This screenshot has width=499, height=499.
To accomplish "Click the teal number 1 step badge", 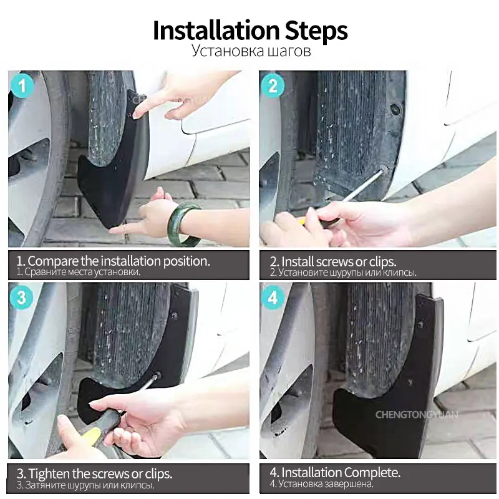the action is [x=22, y=85].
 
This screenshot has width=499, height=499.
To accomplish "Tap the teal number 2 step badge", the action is [x=273, y=85].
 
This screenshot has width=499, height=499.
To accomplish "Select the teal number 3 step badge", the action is [x=21, y=298].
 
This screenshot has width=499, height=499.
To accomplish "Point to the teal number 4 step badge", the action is [x=273, y=298].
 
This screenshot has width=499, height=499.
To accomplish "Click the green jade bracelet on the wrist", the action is [x=185, y=225].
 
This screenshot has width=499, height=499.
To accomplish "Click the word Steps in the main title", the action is [x=316, y=31].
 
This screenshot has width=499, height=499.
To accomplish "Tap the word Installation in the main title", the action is [x=216, y=31].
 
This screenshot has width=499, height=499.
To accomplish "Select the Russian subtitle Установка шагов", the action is [x=251, y=51].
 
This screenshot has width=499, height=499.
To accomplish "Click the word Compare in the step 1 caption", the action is [x=53, y=261].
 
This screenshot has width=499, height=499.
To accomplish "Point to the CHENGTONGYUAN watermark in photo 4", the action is [x=417, y=415].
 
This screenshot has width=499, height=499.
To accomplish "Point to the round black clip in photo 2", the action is [x=396, y=109].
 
